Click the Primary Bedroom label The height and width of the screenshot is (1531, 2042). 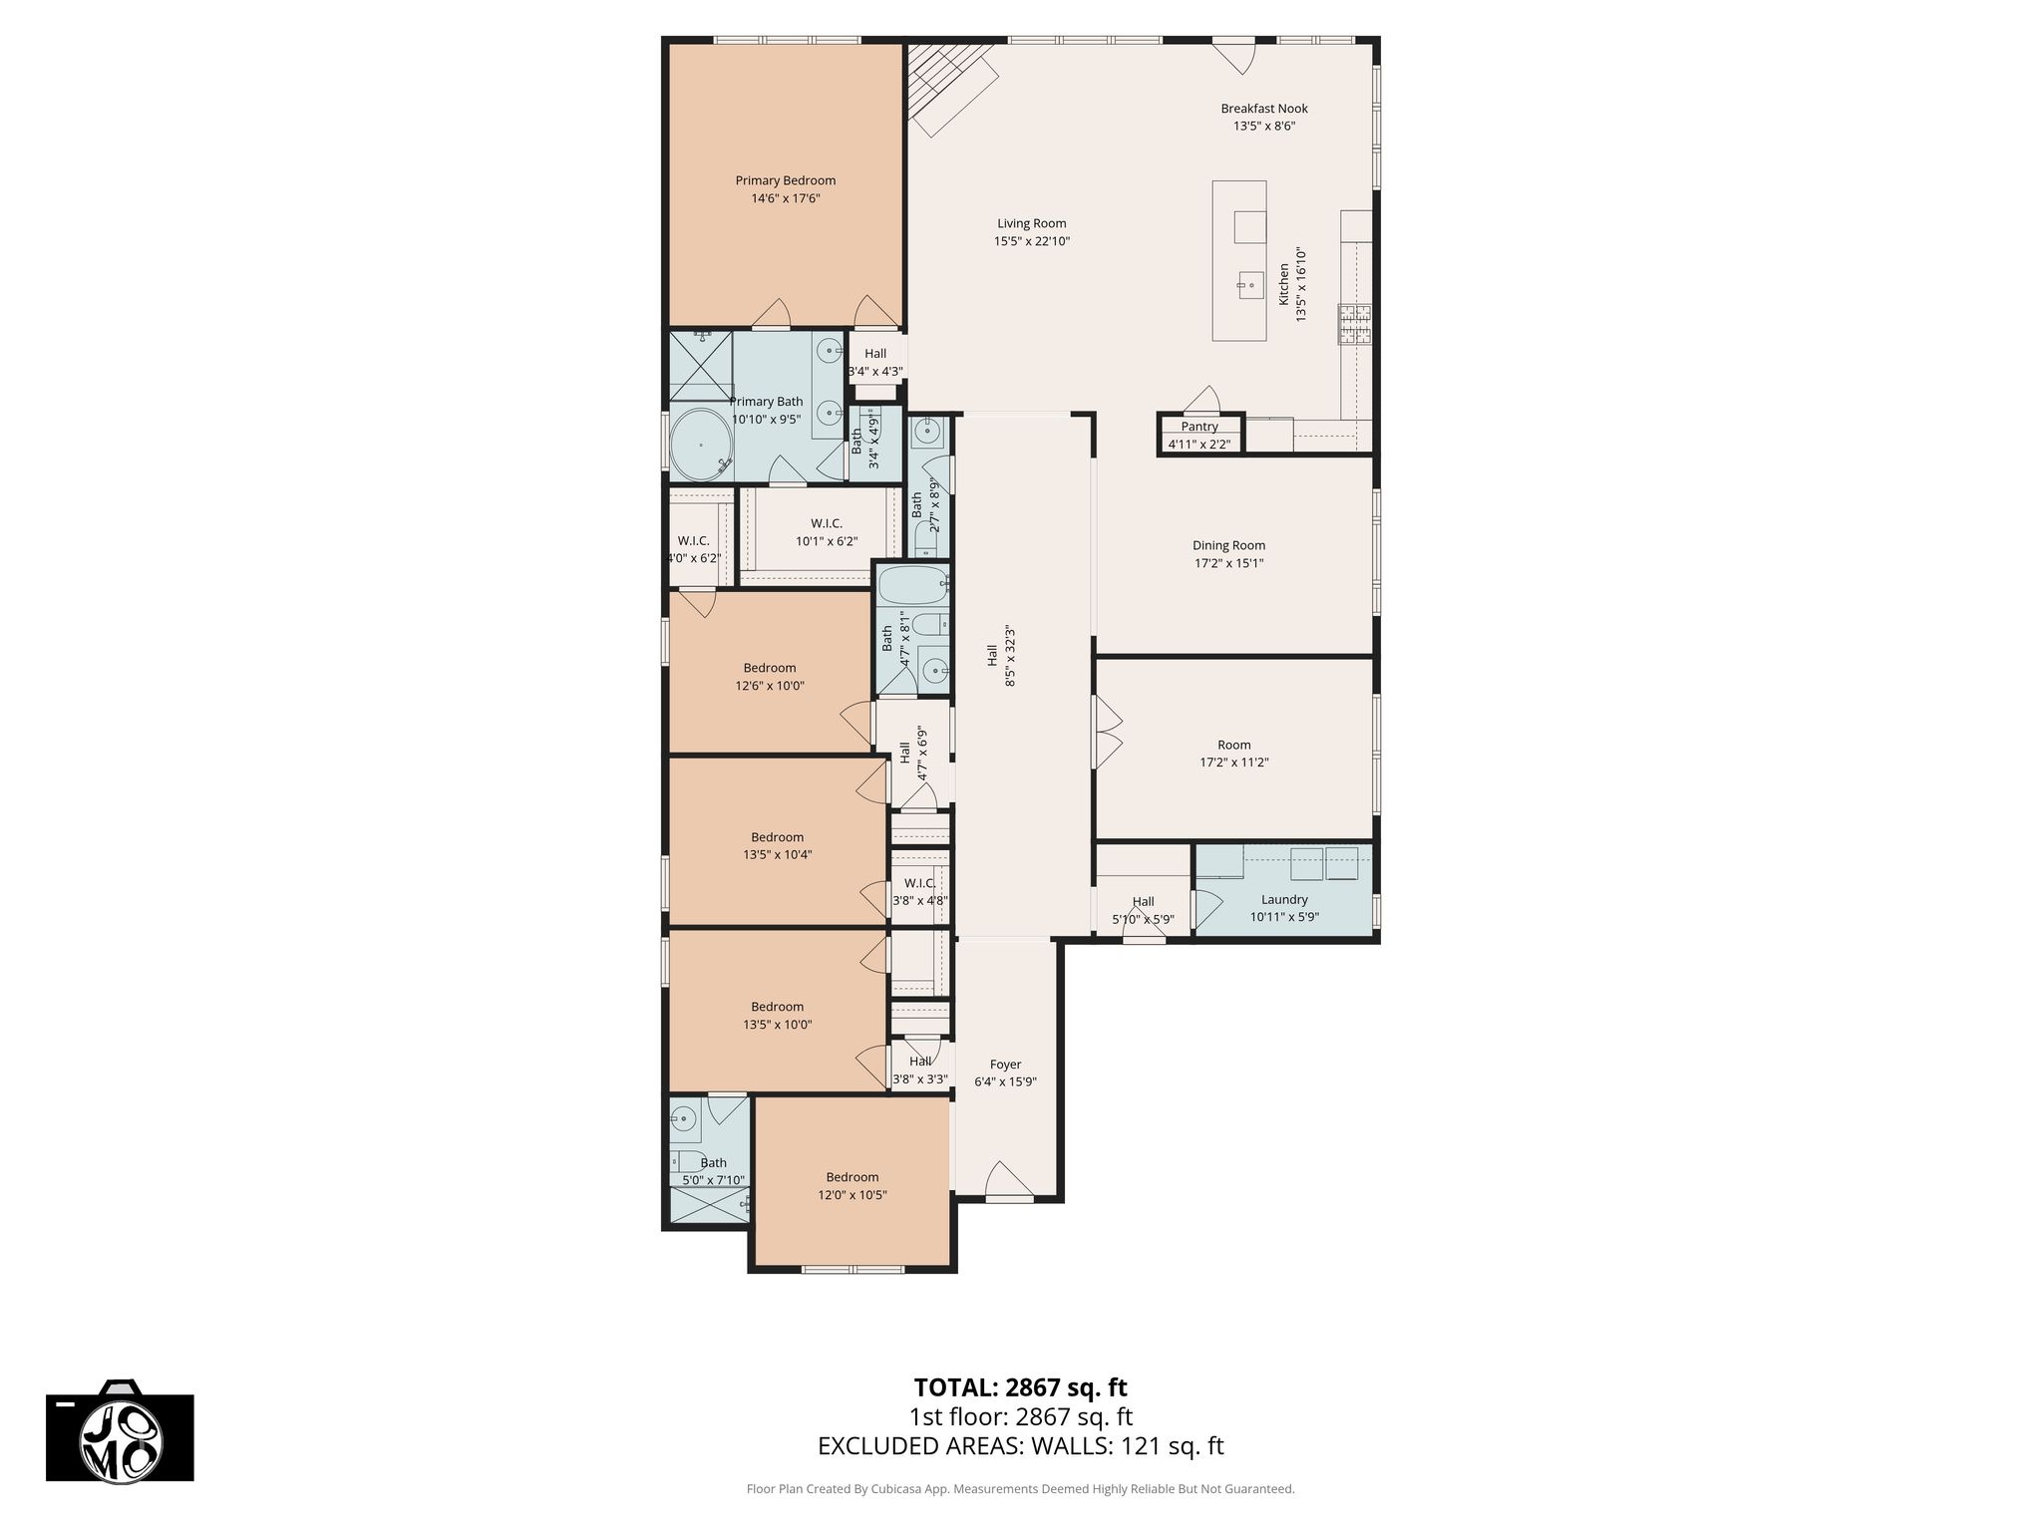[x=786, y=180]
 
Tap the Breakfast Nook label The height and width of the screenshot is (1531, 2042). [x=1264, y=109]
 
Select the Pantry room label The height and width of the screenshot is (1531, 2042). [x=1199, y=427]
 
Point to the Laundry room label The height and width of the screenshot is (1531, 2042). [x=1284, y=899]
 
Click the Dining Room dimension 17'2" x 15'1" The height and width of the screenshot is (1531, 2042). [x=1228, y=563]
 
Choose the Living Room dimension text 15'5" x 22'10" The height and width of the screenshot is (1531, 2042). [x=1032, y=241]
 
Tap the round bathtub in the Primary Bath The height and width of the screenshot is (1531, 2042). [x=702, y=445]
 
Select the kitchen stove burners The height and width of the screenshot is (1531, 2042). [x=1355, y=323]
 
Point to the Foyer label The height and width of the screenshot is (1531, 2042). [x=1005, y=1065]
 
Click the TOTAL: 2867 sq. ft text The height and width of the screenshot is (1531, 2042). [x=1021, y=1387]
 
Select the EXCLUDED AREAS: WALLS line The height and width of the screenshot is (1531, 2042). [x=1021, y=1446]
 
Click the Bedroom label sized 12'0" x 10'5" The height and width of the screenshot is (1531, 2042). [x=851, y=1177]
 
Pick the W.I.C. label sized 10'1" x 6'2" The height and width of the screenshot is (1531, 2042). [x=827, y=523]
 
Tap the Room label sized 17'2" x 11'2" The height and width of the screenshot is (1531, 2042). [x=1234, y=745]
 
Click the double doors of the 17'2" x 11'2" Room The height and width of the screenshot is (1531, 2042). [x=1108, y=732]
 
